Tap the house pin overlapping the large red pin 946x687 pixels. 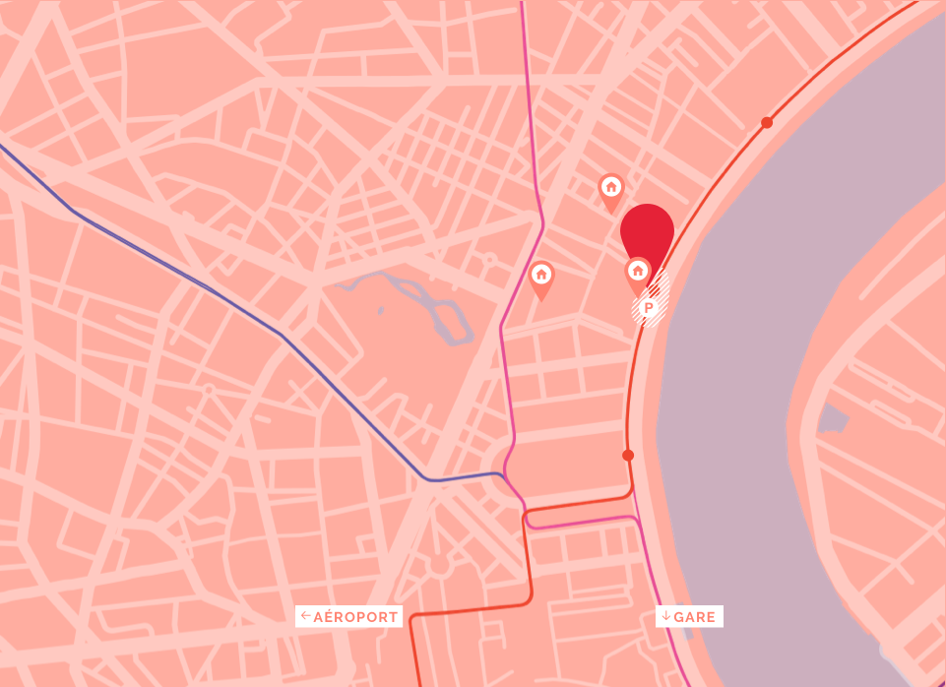click(638, 272)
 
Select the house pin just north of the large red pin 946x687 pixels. click(610, 187)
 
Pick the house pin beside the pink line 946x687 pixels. click(541, 276)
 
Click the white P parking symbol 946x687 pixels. click(649, 308)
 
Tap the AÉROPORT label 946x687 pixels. click(349, 617)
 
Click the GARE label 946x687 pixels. click(690, 617)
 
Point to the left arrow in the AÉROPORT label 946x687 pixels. click(306, 617)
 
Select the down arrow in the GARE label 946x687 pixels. click(666, 617)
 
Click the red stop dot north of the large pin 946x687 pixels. click(767, 123)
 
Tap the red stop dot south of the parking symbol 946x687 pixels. click(628, 455)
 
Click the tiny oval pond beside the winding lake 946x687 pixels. click(380, 311)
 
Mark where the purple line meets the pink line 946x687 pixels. click(502, 475)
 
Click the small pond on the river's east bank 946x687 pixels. click(832, 420)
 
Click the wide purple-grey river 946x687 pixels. click(748, 344)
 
